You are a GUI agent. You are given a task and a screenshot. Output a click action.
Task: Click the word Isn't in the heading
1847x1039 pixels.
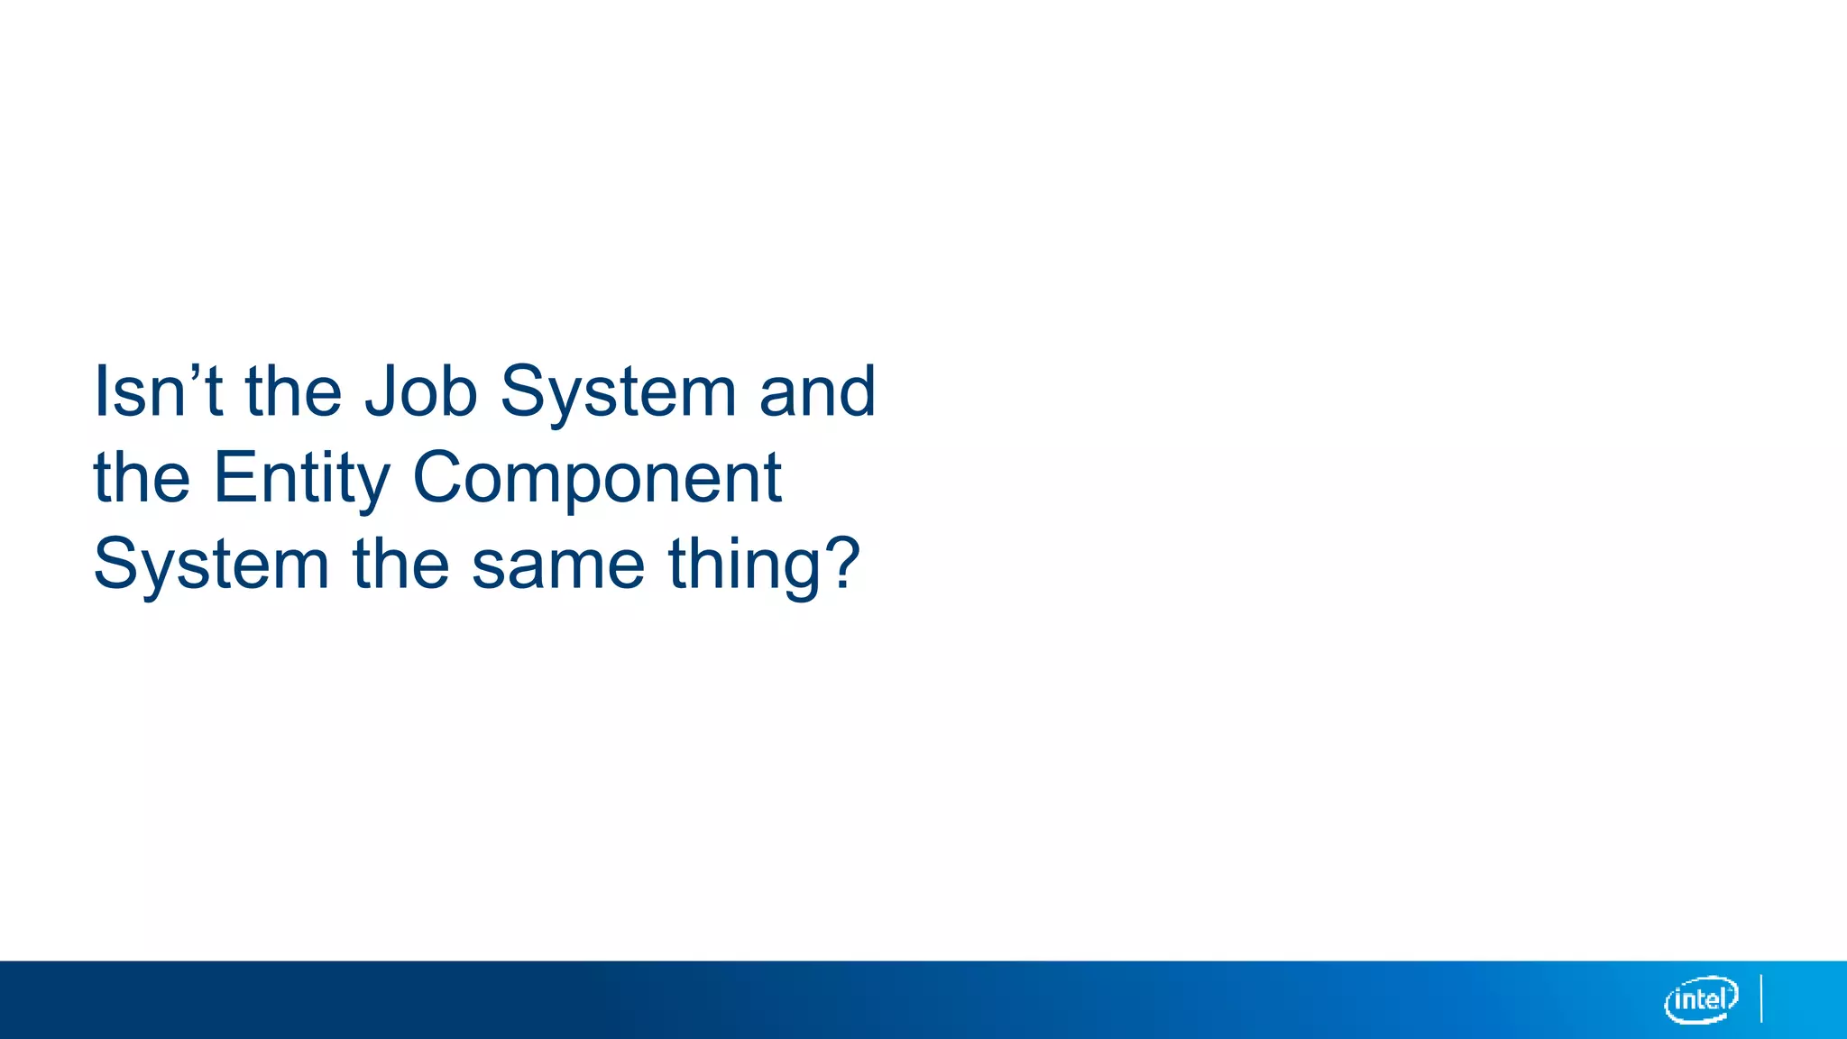(x=158, y=391)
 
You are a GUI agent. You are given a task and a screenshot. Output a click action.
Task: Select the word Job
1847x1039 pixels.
(x=420, y=393)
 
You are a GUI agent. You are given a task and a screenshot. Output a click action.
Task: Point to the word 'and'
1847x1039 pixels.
(x=817, y=391)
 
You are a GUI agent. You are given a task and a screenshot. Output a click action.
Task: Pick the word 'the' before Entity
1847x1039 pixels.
(x=142, y=478)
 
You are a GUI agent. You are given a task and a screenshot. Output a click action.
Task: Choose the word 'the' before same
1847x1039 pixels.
(x=400, y=565)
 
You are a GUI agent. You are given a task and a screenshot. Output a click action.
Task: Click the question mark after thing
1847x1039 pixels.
(x=843, y=563)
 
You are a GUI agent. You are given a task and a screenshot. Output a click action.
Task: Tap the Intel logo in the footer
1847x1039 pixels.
(x=1701, y=999)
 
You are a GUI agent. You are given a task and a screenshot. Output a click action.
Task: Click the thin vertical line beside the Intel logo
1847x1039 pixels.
(x=1761, y=998)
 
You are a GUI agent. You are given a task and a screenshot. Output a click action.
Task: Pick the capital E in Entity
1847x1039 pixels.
(x=231, y=478)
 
